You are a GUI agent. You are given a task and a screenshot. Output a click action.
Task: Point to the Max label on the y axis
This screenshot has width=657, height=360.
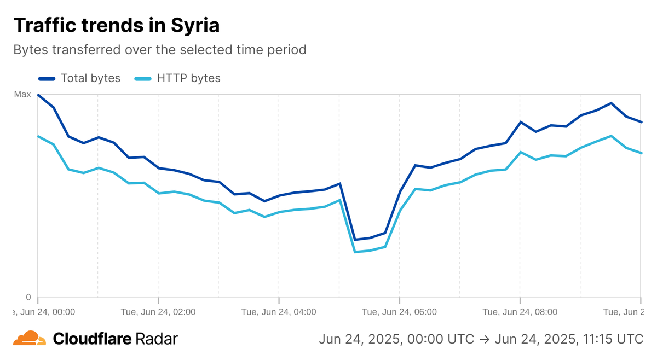pyautogui.click(x=22, y=95)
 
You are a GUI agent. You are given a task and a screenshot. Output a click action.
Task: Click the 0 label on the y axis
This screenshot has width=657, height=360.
pyautogui.click(x=28, y=298)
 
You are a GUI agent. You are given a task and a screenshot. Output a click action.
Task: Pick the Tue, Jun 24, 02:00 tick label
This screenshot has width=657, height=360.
pyautogui.click(x=158, y=312)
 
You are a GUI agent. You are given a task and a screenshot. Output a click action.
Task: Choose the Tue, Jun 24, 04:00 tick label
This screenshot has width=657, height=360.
pyautogui.click(x=279, y=312)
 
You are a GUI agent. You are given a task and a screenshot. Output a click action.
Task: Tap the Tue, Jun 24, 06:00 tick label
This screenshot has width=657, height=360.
pyautogui.click(x=399, y=312)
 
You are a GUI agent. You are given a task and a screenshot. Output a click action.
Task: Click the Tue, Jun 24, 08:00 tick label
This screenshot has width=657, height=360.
pyautogui.click(x=520, y=312)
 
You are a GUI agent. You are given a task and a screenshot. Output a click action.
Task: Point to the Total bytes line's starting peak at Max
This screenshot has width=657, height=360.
pyautogui.click(x=38, y=95)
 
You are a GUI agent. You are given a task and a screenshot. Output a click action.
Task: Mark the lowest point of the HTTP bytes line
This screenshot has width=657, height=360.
pyautogui.click(x=355, y=252)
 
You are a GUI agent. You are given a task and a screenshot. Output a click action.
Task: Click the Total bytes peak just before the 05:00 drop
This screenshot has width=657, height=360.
pyautogui.click(x=340, y=184)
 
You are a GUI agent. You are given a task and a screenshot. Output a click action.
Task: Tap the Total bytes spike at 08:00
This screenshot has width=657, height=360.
pyautogui.click(x=521, y=122)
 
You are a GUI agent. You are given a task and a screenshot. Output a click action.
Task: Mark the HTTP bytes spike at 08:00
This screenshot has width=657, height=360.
pyautogui.click(x=521, y=152)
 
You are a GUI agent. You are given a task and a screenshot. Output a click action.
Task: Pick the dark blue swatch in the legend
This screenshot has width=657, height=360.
pyautogui.click(x=47, y=78)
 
